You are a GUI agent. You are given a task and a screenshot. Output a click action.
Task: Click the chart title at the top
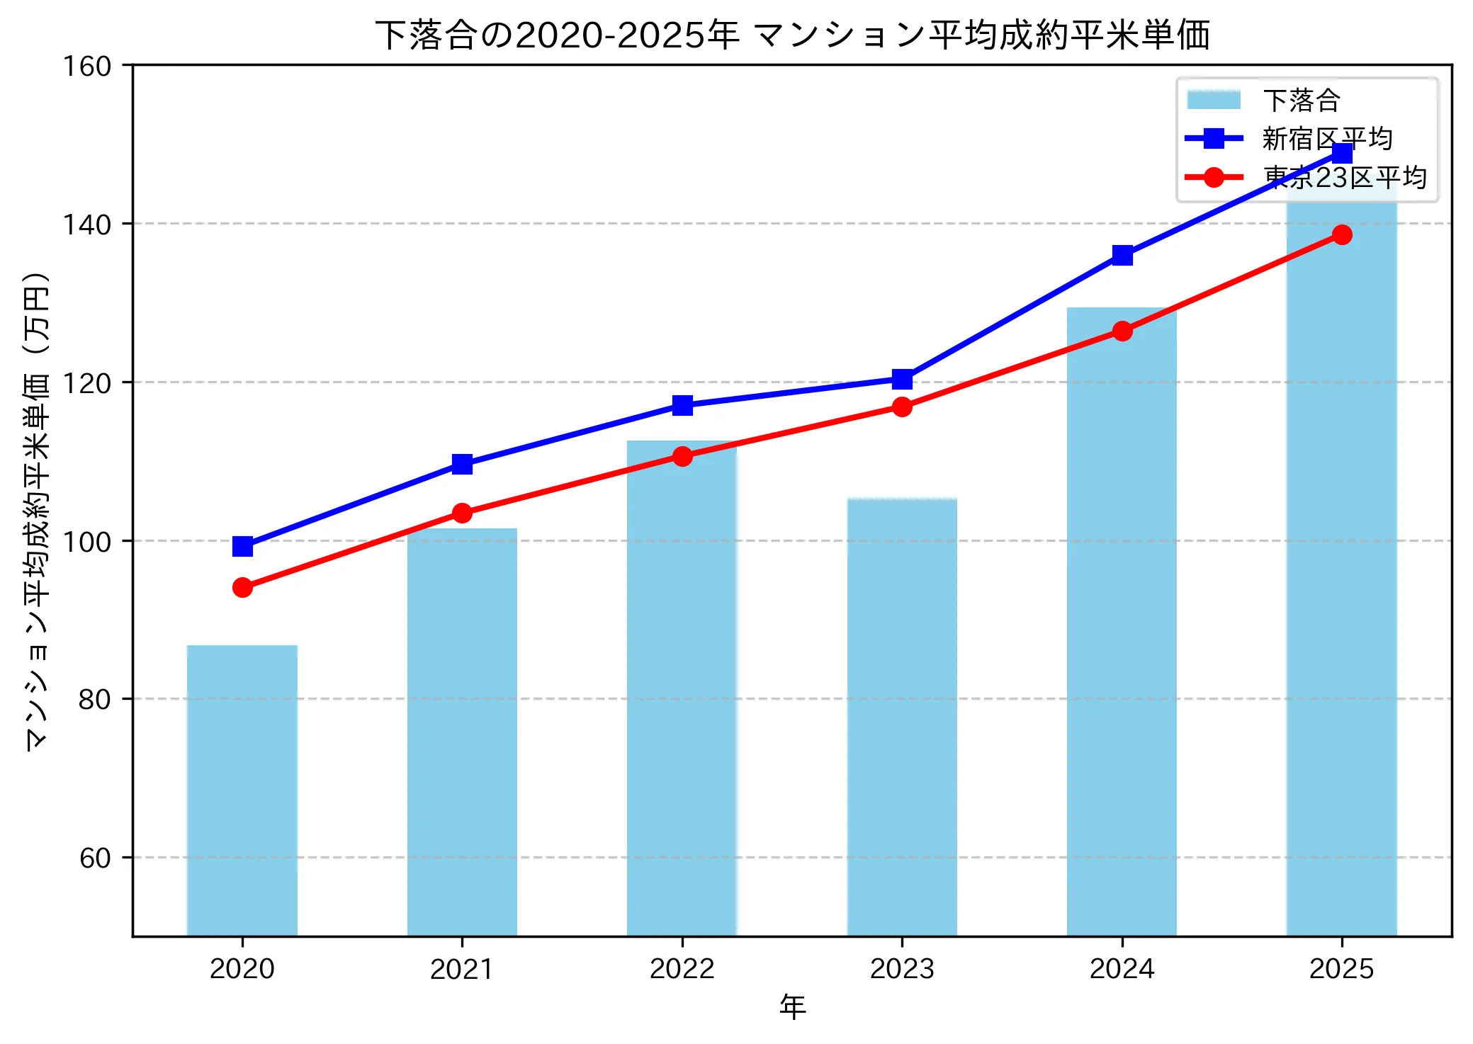click(792, 35)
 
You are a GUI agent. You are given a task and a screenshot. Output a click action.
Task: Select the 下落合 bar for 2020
click(242, 790)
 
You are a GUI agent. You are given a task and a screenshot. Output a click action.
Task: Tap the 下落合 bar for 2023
click(902, 716)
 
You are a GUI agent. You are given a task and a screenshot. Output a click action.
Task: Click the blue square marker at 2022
click(682, 405)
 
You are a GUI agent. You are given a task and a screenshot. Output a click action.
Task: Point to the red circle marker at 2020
click(242, 587)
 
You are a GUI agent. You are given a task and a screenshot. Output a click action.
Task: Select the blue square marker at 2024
click(1122, 255)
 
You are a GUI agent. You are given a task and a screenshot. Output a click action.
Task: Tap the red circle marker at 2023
click(902, 407)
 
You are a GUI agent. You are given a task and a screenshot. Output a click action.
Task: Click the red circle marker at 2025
click(1342, 234)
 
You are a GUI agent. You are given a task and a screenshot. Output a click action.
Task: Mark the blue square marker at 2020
click(242, 546)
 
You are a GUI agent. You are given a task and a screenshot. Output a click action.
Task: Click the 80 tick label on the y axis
click(95, 699)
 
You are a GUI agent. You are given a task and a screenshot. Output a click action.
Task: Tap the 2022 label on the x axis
click(682, 969)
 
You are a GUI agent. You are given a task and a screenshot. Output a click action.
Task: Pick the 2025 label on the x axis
click(1342, 969)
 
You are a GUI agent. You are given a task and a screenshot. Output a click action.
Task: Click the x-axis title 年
click(792, 1007)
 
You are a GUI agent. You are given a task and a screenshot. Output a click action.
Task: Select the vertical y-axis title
click(37, 510)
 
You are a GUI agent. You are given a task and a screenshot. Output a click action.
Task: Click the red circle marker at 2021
click(462, 513)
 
